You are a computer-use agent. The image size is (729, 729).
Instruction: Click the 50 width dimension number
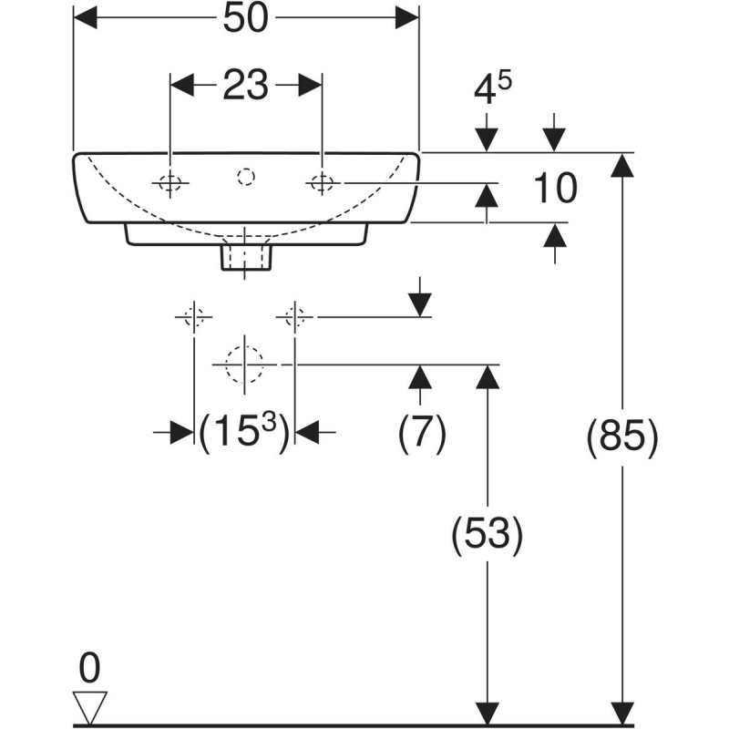[246, 18]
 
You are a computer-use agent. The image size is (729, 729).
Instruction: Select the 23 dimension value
[246, 85]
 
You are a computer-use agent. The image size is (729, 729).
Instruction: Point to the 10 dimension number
[555, 188]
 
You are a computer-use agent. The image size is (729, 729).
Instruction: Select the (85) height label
[623, 437]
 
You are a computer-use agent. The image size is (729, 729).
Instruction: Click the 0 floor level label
[89, 668]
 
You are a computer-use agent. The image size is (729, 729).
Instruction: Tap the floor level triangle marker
[90, 706]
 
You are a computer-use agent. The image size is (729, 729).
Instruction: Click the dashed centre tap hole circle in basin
[246, 177]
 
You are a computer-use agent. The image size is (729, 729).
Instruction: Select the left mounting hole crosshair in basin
[170, 183]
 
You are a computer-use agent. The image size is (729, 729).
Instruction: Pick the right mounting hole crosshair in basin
[323, 183]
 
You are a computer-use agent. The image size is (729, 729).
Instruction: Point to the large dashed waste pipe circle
[244, 364]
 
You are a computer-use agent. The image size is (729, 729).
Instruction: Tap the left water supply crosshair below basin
[194, 317]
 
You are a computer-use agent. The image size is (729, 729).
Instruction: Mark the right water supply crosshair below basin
[294, 317]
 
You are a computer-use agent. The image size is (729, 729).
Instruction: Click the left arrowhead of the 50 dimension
[86, 17]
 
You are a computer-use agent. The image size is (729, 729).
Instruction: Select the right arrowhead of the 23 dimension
[310, 85]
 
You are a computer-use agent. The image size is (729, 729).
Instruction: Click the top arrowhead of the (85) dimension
[622, 165]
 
